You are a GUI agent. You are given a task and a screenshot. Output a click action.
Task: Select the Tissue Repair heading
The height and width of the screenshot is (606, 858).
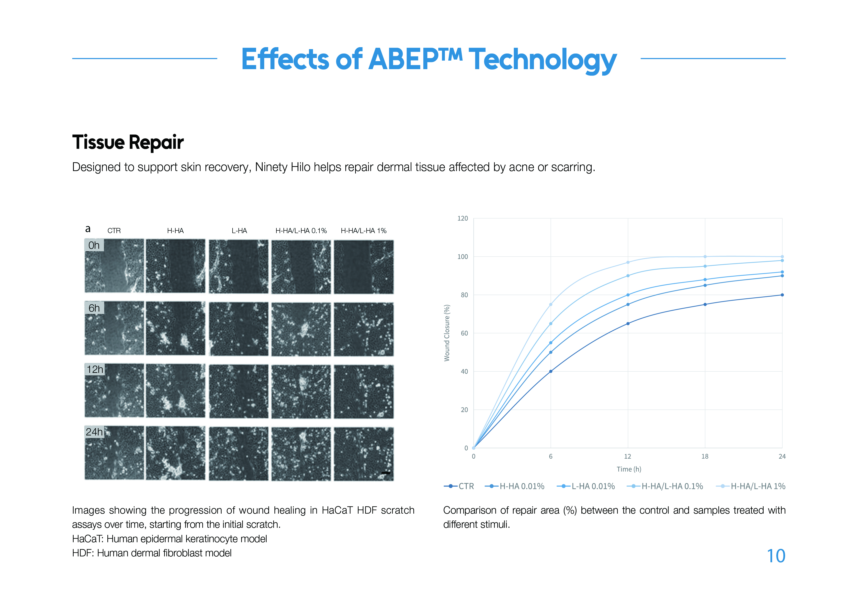pos(128,142)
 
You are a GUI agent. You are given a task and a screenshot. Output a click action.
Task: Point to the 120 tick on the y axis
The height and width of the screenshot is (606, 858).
pos(463,218)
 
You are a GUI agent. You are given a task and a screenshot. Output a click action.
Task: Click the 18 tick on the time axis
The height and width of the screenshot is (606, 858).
pos(705,456)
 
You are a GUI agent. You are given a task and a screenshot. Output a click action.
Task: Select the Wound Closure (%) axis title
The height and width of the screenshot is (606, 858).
pos(447,333)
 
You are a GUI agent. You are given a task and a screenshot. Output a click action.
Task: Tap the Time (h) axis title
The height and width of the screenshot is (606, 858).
pos(629,469)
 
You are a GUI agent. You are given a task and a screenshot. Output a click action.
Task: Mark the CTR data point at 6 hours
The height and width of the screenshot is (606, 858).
pos(551,371)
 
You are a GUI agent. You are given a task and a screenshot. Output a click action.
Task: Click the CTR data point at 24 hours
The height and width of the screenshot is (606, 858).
pos(782,295)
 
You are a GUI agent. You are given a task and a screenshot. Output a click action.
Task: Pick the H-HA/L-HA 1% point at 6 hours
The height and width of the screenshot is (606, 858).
pos(551,304)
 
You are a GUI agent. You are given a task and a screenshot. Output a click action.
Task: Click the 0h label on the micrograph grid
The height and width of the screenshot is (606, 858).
pos(94,245)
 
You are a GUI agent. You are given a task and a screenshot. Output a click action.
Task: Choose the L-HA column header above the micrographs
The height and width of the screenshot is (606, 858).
pos(239,231)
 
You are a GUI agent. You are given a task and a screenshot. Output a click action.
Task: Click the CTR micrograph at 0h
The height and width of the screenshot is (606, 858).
pos(114,266)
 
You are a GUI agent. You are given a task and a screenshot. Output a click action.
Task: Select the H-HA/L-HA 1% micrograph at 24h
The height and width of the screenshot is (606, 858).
pos(364,454)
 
